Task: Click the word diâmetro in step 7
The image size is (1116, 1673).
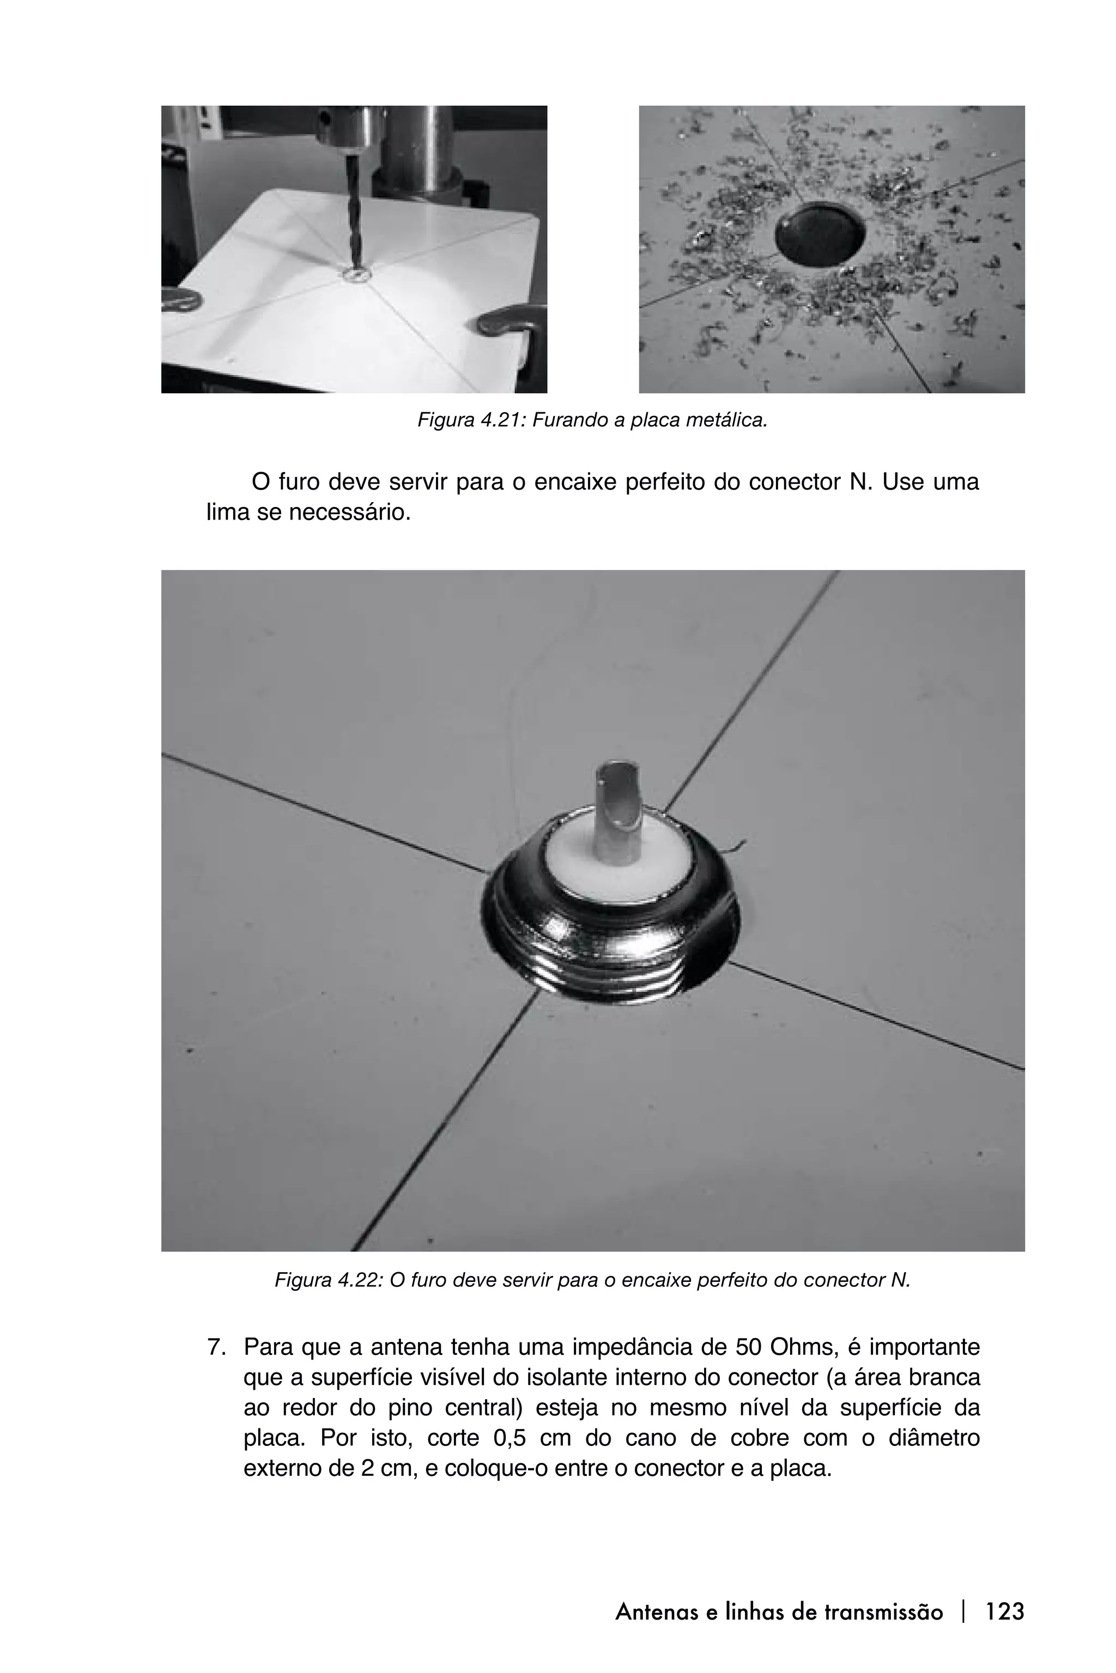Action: (x=934, y=1438)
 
